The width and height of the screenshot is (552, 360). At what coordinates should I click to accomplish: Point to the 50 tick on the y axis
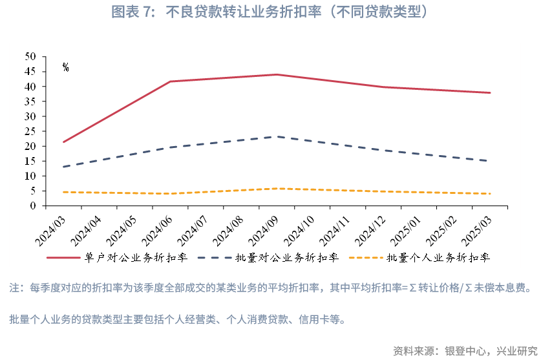[30, 57]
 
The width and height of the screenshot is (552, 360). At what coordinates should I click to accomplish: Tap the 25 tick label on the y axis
[30, 131]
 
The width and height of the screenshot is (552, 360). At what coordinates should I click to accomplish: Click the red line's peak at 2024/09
[277, 74]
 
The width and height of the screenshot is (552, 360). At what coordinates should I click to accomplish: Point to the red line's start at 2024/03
[63, 142]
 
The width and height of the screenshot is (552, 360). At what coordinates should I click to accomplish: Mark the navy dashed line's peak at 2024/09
[277, 136]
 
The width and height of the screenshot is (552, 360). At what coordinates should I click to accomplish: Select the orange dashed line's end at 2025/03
[490, 194]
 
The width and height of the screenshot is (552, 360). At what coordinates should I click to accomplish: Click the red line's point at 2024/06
[170, 81]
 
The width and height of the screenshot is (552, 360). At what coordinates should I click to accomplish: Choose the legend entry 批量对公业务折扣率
[287, 257]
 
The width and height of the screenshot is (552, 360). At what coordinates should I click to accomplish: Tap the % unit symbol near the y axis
[66, 67]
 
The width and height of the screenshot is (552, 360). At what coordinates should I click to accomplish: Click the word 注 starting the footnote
[14, 288]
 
